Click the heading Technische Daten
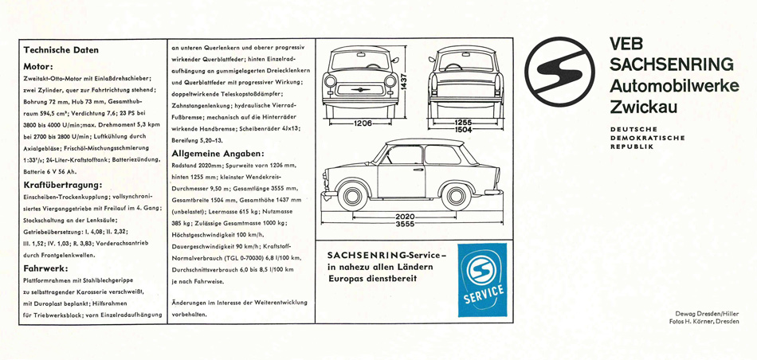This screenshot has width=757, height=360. click(61, 49)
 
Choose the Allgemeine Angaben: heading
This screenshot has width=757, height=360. click(218, 152)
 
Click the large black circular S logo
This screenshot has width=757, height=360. click(559, 70)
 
